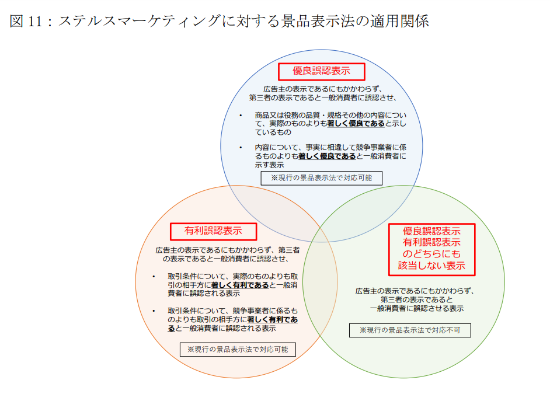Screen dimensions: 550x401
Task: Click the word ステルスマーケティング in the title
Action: [x=139, y=21]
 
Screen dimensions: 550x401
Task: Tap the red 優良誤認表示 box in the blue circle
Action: [x=321, y=72]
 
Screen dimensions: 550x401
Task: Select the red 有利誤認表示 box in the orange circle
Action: [x=213, y=231]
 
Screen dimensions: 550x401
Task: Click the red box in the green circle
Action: [x=432, y=249]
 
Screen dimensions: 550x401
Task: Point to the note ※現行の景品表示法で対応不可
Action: [x=410, y=330]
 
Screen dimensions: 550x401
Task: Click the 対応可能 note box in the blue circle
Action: [x=321, y=178]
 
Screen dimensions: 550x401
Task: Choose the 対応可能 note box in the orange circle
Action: [x=238, y=350]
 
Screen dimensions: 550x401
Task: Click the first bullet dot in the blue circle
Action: [x=241, y=116]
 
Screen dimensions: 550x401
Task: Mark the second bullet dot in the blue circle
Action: [x=241, y=148]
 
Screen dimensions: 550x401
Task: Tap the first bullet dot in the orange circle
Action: [x=154, y=277]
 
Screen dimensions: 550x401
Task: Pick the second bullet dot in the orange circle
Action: [x=154, y=311]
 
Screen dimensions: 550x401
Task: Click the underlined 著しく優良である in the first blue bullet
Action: [x=356, y=124]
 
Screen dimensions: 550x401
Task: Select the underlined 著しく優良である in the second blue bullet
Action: [x=327, y=156]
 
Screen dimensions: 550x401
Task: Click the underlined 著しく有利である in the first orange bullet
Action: [x=240, y=285]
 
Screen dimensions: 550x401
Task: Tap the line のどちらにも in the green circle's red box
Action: [x=432, y=254]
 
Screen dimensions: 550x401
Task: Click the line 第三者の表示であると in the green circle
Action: [x=417, y=300]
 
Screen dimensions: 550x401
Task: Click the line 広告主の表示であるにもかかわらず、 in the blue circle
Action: [x=322, y=89]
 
